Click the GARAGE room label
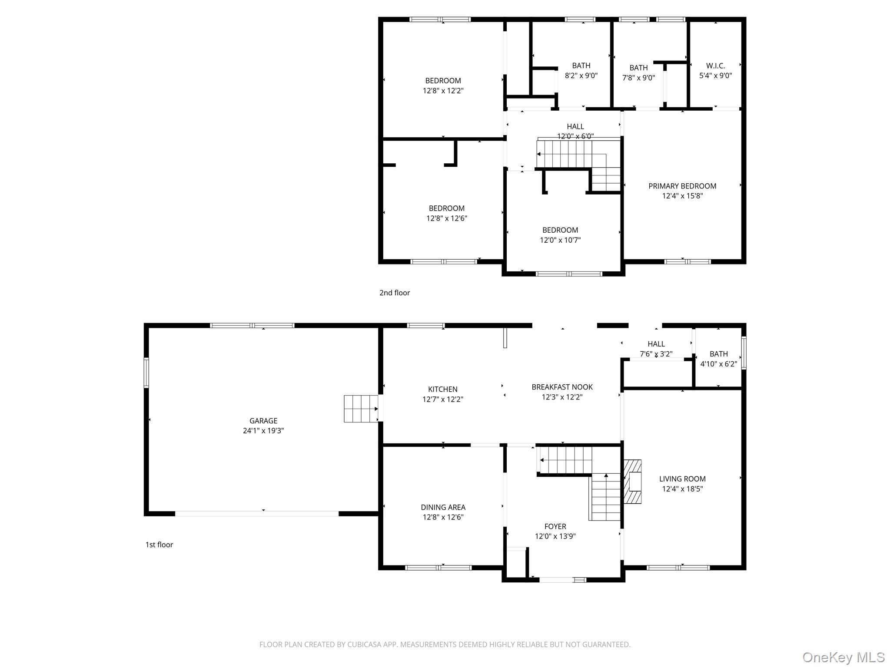[x=263, y=420]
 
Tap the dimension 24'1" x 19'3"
[x=263, y=431]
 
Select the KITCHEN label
[x=442, y=389]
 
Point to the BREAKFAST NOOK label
[x=562, y=387]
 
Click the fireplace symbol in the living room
[x=633, y=481]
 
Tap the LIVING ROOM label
[x=682, y=479]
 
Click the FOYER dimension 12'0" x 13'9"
[x=555, y=536]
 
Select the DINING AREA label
[x=443, y=507]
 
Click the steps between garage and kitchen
[x=361, y=409]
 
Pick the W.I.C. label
[x=715, y=66]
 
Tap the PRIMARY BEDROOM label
[x=682, y=186]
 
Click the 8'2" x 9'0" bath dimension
[x=581, y=76]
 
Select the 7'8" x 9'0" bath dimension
[x=638, y=78]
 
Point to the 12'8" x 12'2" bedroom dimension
[x=443, y=91]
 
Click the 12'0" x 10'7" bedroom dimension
[x=560, y=240]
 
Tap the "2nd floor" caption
[x=394, y=293]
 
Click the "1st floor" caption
[x=159, y=545]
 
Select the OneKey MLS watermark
[x=843, y=657]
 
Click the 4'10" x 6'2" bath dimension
[x=718, y=364]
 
